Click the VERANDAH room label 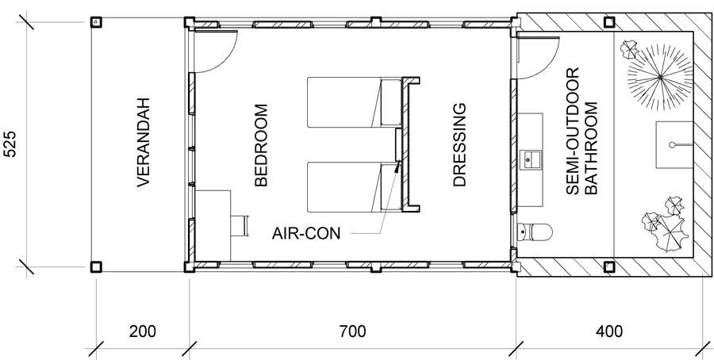click(x=144, y=142)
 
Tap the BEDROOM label click(x=261, y=145)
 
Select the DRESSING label click(x=460, y=145)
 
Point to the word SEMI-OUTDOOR click(x=572, y=131)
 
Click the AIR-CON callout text click(x=306, y=233)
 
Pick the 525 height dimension click(x=10, y=144)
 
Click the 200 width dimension click(x=143, y=331)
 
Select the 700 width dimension click(x=352, y=331)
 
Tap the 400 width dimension click(x=608, y=331)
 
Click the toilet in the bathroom click(x=535, y=232)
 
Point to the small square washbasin click(x=530, y=160)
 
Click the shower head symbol click(x=672, y=145)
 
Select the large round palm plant click(x=660, y=78)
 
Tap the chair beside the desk click(x=240, y=225)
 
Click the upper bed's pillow click(x=390, y=102)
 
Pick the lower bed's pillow click(x=390, y=186)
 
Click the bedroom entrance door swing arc click(x=225, y=59)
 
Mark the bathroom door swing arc click(x=547, y=65)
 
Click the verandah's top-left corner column click(x=96, y=22)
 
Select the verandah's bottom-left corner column click(x=96, y=266)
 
